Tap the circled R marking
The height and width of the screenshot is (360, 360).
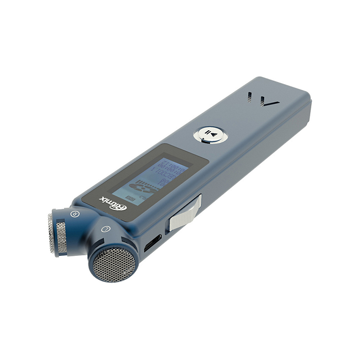tap(74, 214)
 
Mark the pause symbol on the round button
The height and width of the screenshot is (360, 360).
tap(208, 133)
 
